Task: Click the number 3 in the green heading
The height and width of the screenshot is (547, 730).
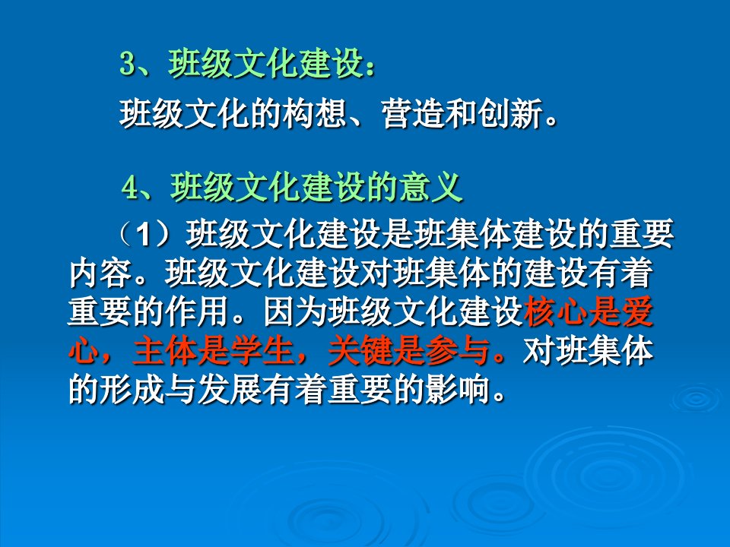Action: pyautogui.click(x=127, y=63)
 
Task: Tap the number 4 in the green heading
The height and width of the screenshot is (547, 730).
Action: pyautogui.click(x=130, y=188)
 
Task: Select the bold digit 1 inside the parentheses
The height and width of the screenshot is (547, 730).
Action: pyautogui.click(x=144, y=234)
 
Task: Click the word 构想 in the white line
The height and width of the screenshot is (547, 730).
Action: pyautogui.click(x=314, y=114)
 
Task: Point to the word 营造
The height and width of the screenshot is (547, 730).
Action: pyautogui.click(x=412, y=114)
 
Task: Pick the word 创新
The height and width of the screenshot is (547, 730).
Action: pyautogui.click(x=509, y=114)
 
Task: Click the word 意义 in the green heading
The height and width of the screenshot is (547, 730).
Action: pyautogui.click(x=430, y=188)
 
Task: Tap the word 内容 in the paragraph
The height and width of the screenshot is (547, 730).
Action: pyautogui.click(x=100, y=273)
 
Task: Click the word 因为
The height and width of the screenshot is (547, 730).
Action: pyautogui.click(x=295, y=311)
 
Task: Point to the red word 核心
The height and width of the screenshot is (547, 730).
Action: pyautogui.click(x=555, y=311)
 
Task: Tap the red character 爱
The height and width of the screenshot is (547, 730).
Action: pyautogui.click(x=637, y=311)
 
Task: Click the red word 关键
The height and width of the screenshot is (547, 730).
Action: pyautogui.click(x=360, y=351)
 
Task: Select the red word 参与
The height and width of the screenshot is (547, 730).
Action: pyautogui.click(x=457, y=351)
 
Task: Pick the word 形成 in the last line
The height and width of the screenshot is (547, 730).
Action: pyautogui.click(x=132, y=390)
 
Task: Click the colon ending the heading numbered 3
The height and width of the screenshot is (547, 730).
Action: pyautogui.click(x=370, y=68)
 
